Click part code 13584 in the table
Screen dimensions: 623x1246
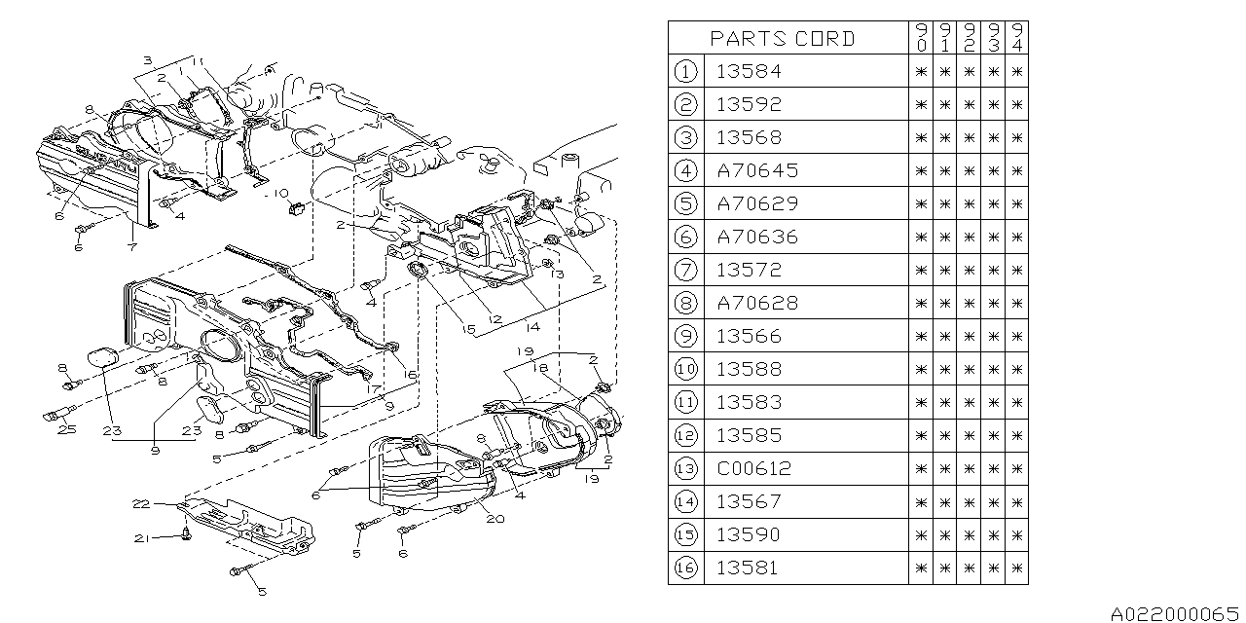coord(749,71)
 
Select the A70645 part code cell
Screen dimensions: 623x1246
coord(756,170)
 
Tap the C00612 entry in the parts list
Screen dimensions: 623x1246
coord(754,468)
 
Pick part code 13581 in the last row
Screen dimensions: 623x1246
coord(749,568)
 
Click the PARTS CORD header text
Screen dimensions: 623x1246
coord(783,38)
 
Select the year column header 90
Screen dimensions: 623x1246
coord(921,38)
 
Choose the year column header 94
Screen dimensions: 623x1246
coord(1016,38)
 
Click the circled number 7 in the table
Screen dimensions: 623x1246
coord(686,270)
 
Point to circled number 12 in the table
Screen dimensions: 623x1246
coord(686,435)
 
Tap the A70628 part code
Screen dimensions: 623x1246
coord(756,303)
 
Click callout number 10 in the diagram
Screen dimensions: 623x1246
coord(280,191)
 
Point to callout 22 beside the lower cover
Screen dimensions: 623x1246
coord(142,503)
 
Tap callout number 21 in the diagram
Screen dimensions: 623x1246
coord(142,538)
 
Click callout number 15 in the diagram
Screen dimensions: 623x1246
coord(468,330)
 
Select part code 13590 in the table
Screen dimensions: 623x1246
coord(749,534)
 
